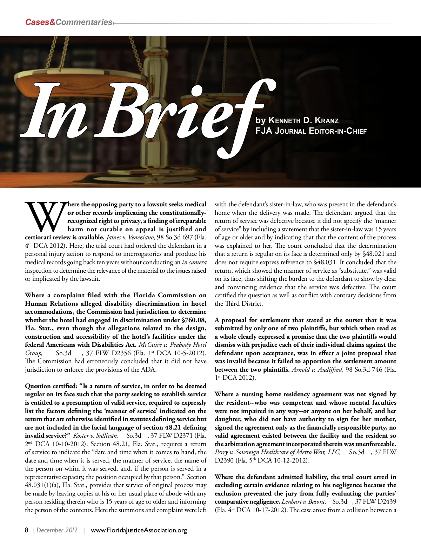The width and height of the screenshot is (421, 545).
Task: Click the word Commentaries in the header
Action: tap(83, 22)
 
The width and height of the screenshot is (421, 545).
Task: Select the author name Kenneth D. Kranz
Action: tap(303, 121)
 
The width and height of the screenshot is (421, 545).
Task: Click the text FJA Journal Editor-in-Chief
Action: tap(311, 132)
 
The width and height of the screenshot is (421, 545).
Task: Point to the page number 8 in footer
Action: tap(27, 530)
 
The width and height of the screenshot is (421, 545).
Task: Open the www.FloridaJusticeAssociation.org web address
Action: tap(139, 530)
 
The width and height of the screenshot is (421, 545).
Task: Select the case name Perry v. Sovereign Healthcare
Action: tap(277, 452)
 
